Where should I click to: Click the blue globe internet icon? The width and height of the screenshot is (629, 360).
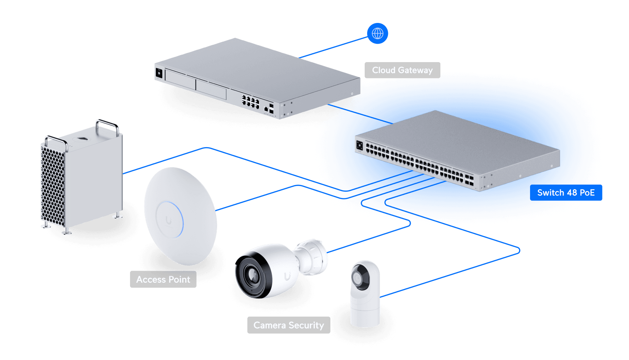[377, 34]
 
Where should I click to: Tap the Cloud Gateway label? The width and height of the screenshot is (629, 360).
[402, 70]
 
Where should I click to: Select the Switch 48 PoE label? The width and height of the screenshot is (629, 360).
[566, 193]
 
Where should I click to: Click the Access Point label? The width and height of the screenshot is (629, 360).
[163, 280]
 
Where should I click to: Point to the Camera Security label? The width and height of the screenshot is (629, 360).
[288, 325]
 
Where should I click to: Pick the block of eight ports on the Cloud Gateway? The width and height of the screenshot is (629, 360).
[250, 101]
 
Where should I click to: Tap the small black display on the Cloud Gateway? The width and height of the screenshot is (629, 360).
[159, 73]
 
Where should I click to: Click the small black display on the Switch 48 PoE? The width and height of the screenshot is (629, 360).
[359, 145]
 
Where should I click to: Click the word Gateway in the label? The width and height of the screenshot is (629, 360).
[415, 70]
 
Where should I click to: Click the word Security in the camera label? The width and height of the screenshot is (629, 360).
[306, 325]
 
